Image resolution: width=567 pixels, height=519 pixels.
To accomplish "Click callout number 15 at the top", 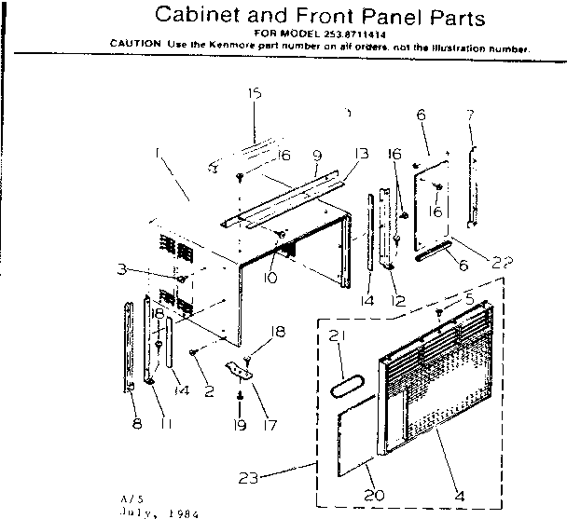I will tap(254, 93).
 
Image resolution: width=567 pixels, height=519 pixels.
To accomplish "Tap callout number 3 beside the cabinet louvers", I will tap(147, 269).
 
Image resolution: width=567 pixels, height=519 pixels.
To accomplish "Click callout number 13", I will tap(361, 155).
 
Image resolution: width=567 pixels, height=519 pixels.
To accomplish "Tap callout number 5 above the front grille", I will tap(468, 299).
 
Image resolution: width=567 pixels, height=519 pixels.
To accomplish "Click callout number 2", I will tap(208, 391).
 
